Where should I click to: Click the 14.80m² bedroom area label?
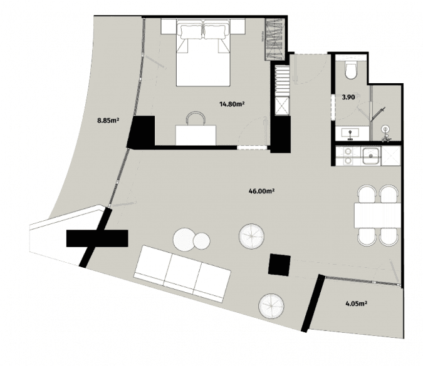click(x=231, y=104)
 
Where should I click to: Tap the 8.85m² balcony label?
click(x=108, y=119)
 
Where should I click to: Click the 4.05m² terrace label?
click(x=356, y=305)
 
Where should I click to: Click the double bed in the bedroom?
click(x=204, y=53)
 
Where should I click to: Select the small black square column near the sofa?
click(x=279, y=265)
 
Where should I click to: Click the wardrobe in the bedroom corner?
click(x=275, y=39)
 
